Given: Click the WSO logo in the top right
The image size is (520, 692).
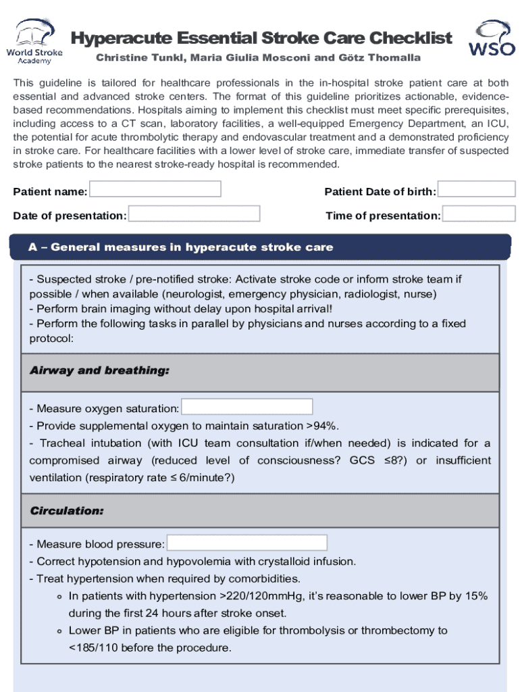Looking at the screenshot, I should pos(491,39).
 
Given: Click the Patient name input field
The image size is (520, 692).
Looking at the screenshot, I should pos(155,189).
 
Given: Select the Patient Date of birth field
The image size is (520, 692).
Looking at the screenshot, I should pos(477,189).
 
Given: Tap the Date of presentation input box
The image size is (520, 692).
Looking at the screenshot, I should pos(194,214).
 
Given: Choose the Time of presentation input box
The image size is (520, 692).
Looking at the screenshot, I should pos(479,214).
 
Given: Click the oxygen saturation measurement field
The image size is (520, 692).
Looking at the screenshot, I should pos(247,407).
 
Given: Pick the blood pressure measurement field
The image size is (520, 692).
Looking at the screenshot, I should pos(246,543).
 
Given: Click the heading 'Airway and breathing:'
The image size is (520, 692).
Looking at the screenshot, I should pos(99,371).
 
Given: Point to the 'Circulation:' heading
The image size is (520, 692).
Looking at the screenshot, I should pos(67,511).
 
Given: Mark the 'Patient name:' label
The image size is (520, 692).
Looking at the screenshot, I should pos(50,192).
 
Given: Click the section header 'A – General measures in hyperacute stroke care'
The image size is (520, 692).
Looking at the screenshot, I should pos(180,247).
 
